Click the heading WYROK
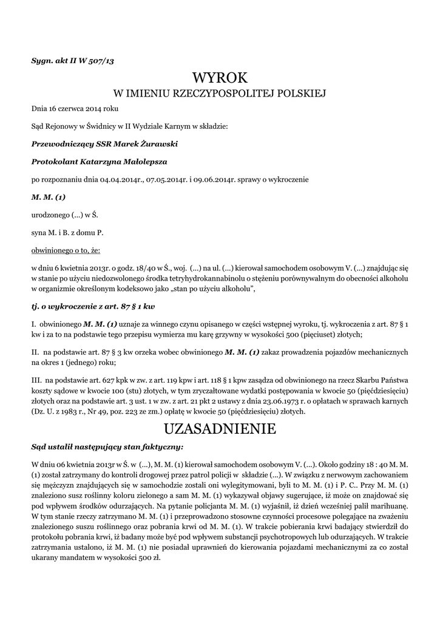pyautogui.click(x=220, y=78)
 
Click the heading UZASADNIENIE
pyautogui.click(x=220, y=429)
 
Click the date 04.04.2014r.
pyautogui.click(x=121, y=180)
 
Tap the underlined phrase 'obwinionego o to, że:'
pyautogui.click(x=66, y=250)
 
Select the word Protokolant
pyautogui.click(x=54, y=162)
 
